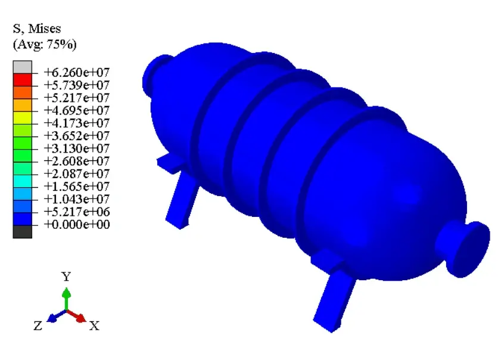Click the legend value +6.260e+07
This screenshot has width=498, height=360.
76,73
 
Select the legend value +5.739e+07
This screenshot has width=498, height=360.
76,85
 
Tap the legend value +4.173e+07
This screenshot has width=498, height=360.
76,123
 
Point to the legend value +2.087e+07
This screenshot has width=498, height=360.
76,174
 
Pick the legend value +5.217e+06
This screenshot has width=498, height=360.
76,212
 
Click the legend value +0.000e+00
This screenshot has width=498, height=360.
76,224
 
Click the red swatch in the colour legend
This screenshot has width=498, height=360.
22,80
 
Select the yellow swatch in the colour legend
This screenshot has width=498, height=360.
22,117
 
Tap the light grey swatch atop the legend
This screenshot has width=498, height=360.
22,67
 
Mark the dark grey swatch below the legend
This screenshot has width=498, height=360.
22,232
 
